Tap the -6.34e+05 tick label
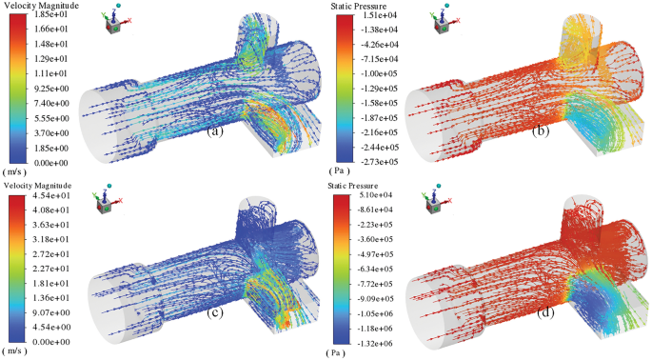375,269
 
